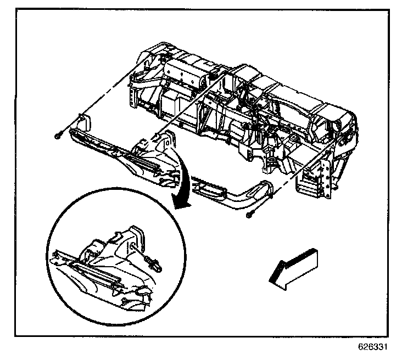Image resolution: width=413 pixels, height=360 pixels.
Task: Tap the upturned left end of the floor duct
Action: click(x=83, y=122)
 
